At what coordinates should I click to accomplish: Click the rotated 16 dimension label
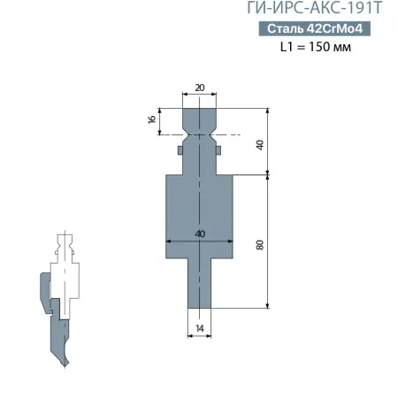point(152,119)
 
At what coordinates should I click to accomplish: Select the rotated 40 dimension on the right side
point(260,143)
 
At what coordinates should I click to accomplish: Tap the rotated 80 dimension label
point(260,243)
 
